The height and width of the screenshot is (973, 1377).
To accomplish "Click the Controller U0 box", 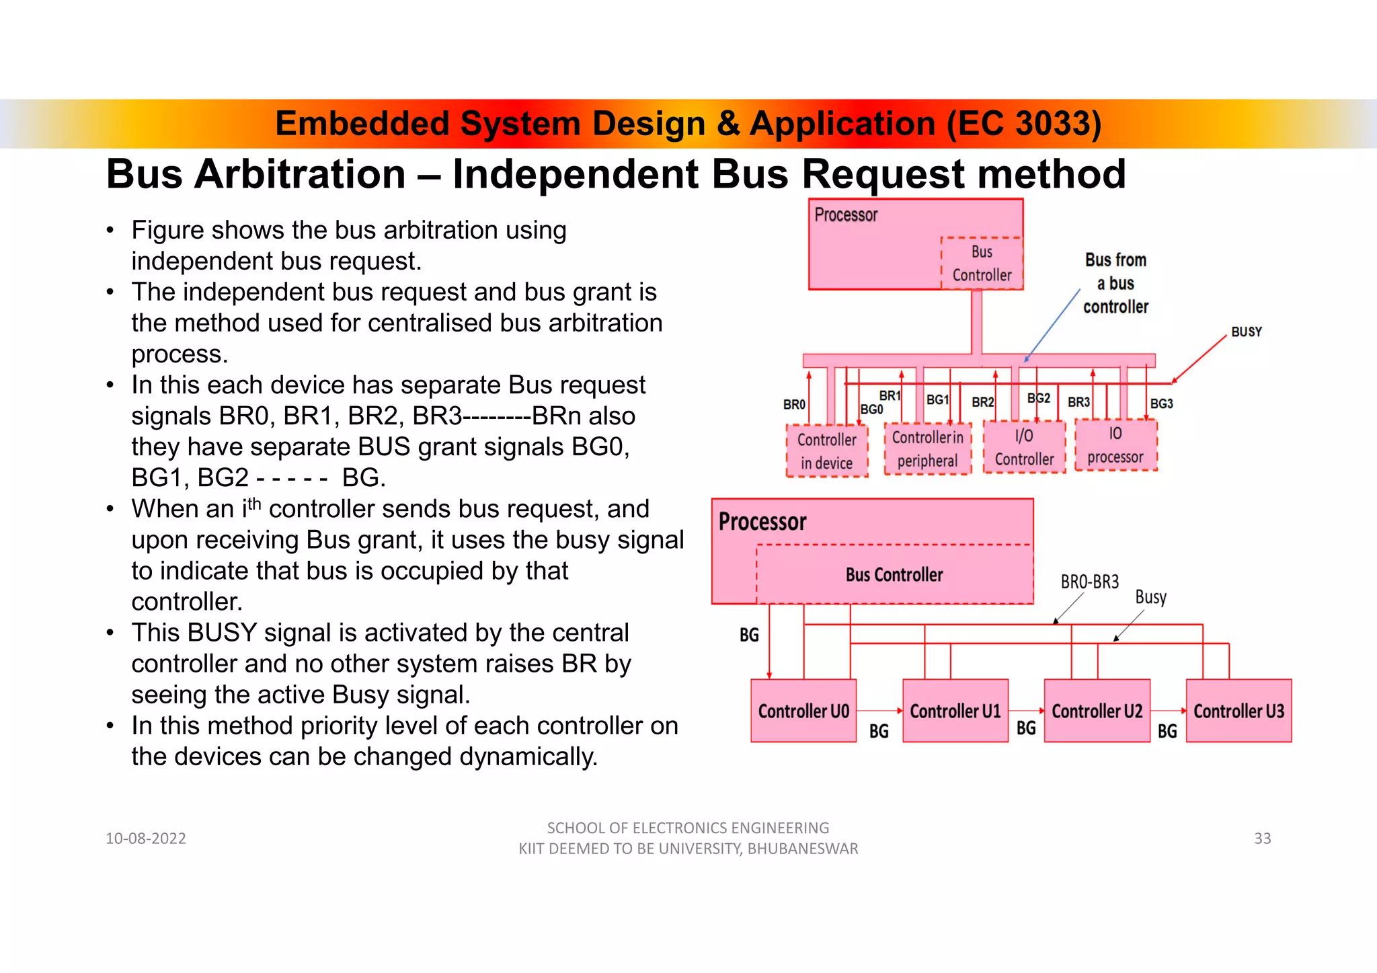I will [803, 711].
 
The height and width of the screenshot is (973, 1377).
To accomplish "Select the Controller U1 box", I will [955, 711].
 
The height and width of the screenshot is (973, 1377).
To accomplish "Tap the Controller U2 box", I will [1097, 711].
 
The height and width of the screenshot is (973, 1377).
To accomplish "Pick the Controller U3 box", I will [1238, 711].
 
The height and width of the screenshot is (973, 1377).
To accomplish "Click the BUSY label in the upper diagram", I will [1246, 332].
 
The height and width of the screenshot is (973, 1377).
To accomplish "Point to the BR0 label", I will [794, 405].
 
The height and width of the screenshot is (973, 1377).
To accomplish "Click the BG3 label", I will [1161, 403].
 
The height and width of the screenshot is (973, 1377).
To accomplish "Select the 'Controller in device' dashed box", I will [827, 451].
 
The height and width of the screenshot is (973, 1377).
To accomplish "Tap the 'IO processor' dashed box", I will [1115, 445].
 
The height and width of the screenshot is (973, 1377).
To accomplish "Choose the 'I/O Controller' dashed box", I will [1024, 447].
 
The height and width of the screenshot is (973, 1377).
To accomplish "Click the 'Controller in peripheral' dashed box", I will [927, 449].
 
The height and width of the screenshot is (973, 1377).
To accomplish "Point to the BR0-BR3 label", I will [1089, 582].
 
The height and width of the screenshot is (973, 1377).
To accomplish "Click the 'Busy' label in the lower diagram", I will [1150, 597].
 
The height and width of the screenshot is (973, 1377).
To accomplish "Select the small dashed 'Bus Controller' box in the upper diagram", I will [982, 264].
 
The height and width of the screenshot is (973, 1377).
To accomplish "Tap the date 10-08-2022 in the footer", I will [146, 839].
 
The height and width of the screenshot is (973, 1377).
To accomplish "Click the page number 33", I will [1262, 839].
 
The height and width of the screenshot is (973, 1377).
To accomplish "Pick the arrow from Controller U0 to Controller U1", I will [879, 711].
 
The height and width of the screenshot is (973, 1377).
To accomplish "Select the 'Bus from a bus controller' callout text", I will [1115, 283].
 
